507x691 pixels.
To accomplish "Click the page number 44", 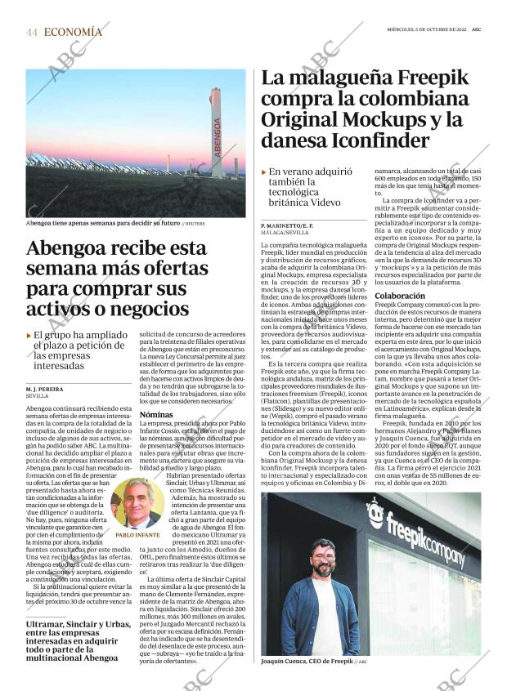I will [32, 33].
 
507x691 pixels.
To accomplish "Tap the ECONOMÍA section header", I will [74, 33].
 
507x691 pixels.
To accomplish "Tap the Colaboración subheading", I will [400, 296].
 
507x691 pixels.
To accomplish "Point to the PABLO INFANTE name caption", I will [137, 535].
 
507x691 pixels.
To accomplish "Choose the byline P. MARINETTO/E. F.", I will [287, 225].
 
